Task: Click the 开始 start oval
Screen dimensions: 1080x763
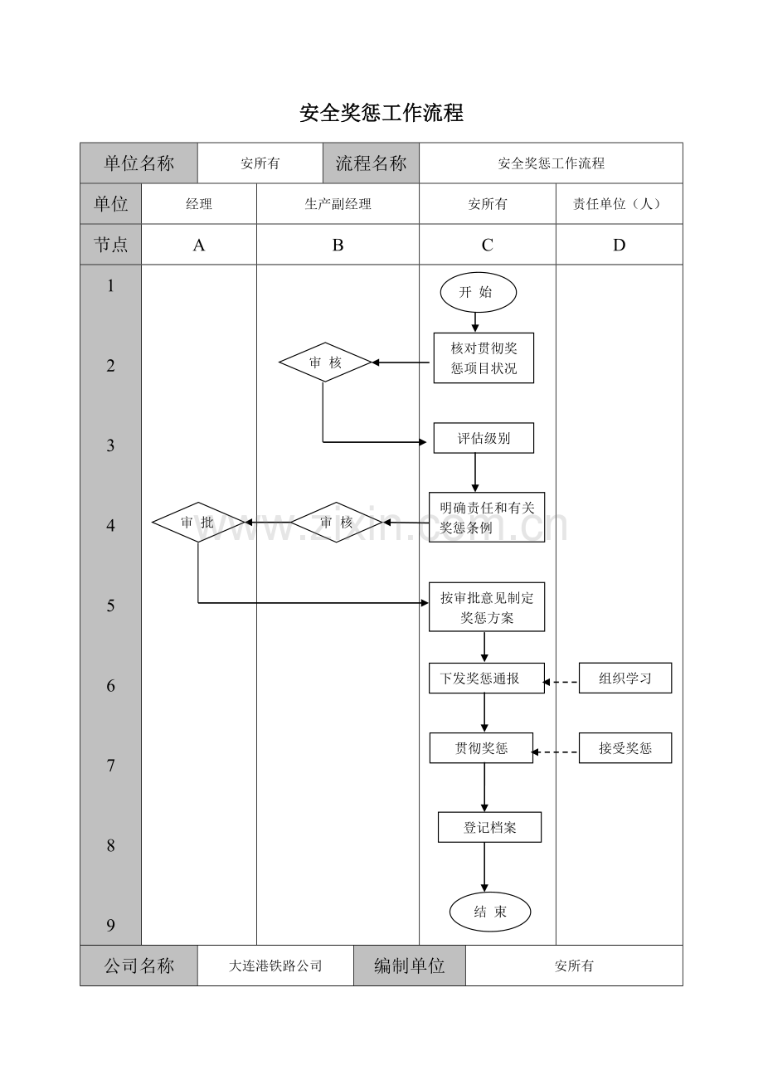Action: coord(478,292)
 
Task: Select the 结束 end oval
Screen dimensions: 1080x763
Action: coord(489,912)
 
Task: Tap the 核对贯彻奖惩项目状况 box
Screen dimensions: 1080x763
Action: coord(484,358)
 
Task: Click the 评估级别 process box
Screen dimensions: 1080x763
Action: coord(484,439)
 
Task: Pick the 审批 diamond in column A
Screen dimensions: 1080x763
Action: coord(198,523)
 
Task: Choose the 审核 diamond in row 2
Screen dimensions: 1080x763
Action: coord(324,362)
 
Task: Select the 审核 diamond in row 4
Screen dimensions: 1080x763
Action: coord(337,523)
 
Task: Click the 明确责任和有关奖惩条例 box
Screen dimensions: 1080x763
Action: coord(487,518)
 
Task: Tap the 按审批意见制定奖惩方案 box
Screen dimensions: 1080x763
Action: coord(487,607)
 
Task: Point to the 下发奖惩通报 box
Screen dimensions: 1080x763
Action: coord(487,679)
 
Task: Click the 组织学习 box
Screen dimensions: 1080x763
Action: coord(625,679)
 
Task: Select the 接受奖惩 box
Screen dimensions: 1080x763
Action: coord(625,748)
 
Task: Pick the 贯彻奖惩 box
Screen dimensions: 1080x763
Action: coord(481,748)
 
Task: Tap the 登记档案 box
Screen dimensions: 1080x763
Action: coord(489,828)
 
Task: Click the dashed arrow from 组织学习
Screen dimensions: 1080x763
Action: coord(561,682)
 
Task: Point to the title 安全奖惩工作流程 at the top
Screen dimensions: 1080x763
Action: coord(381,114)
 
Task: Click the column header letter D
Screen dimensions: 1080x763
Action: coord(619,245)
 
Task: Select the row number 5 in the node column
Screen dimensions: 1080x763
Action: coord(110,606)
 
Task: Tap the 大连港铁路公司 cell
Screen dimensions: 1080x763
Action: coord(275,966)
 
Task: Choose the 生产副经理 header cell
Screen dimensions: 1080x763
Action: coord(338,204)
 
